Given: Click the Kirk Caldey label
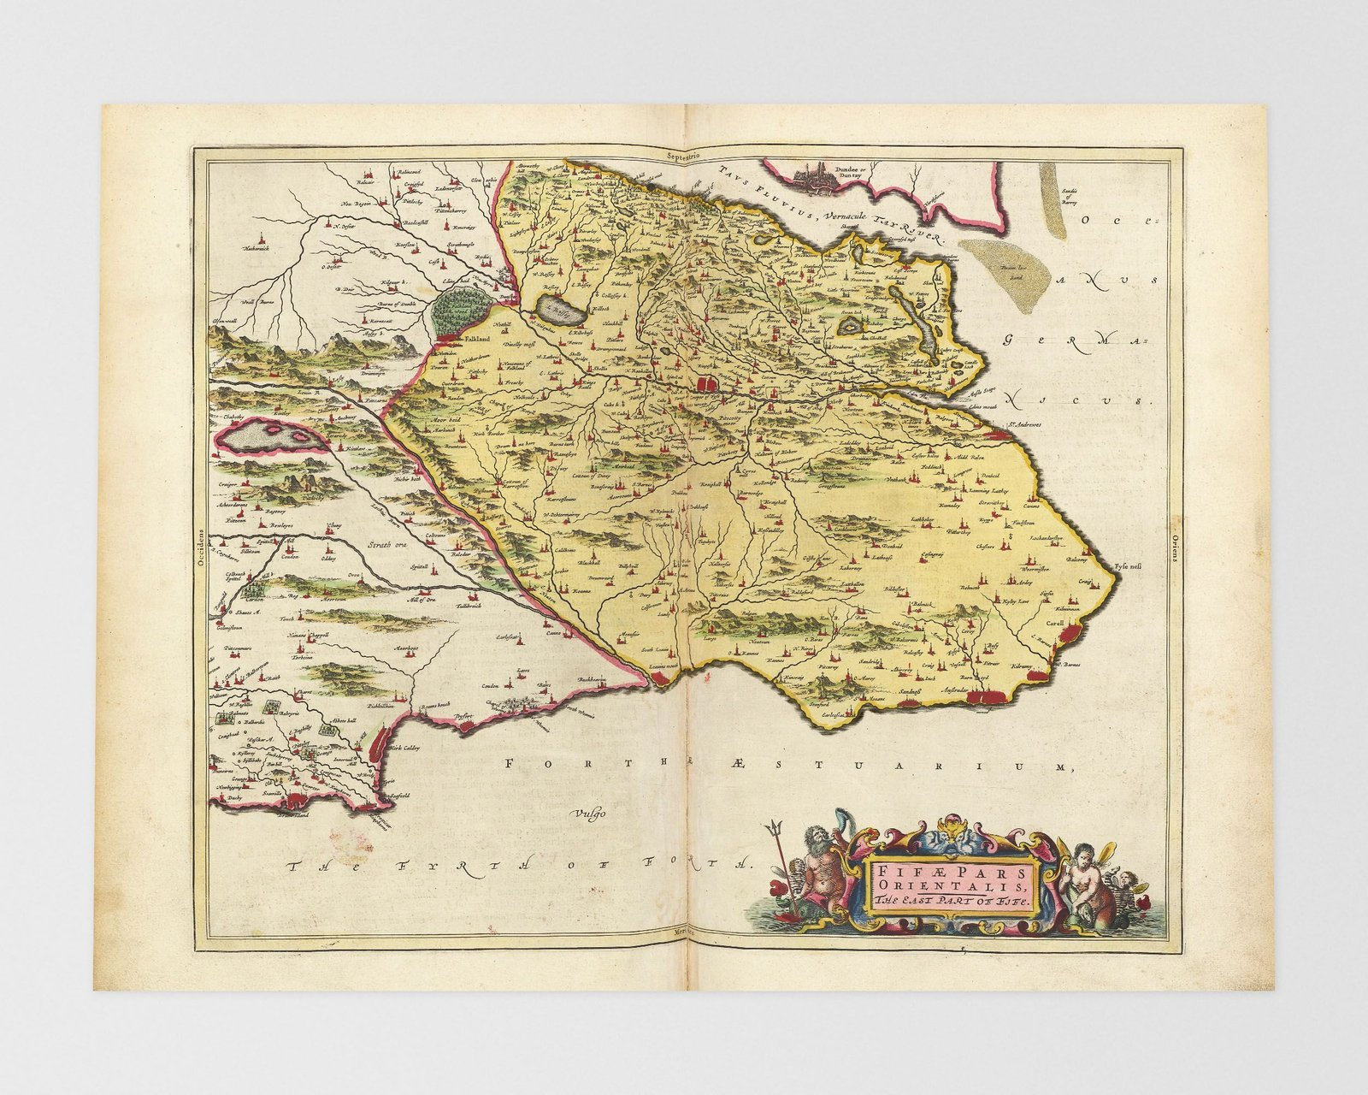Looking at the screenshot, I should coord(407,748).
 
